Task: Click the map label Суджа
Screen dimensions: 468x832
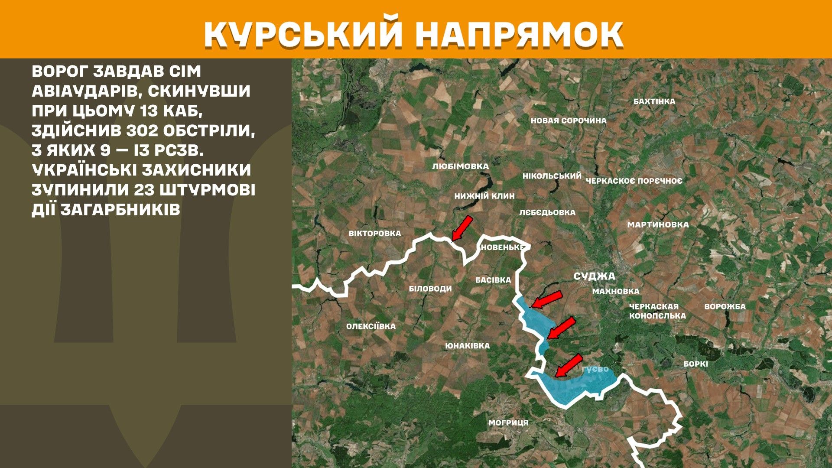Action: [594, 276]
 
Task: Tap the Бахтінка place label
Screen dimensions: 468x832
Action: [654, 101]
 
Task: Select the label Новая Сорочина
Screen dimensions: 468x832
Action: [569, 120]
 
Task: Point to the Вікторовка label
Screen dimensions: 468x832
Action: [375, 234]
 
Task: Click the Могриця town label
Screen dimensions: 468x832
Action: [508, 422]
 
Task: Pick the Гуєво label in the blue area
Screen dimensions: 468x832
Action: [595, 369]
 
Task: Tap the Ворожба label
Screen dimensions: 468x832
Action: [725, 306]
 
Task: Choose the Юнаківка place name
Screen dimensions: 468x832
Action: [467, 346]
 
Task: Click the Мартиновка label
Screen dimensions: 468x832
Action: [658, 224]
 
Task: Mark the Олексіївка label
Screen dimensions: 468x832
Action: [370, 326]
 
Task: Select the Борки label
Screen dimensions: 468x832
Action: [695, 364]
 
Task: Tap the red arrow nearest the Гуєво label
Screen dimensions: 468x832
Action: [569, 365]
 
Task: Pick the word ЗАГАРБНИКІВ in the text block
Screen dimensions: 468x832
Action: [120, 210]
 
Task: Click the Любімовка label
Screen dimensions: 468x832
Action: [460, 166]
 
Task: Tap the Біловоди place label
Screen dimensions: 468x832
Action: [430, 289]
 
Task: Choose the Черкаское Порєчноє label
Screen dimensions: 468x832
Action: [634, 181]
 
